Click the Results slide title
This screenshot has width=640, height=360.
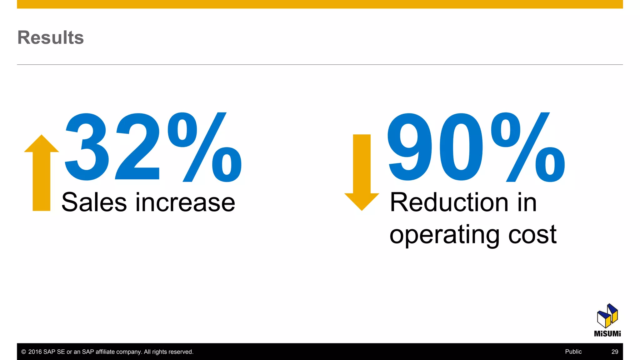click(x=51, y=37)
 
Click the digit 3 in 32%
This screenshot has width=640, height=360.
click(x=87, y=147)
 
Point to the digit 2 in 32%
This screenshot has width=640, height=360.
click(x=137, y=147)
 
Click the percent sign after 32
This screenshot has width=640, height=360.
click(x=205, y=147)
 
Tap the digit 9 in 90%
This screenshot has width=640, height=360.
click(x=410, y=147)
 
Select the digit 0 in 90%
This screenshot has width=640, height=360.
click(x=461, y=147)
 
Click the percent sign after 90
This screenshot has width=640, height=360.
click(x=528, y=147)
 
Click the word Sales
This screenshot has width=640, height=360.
click(x=94, y=202)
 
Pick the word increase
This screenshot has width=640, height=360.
click(x=185, y=202)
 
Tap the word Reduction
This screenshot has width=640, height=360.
click(x=449, y=202)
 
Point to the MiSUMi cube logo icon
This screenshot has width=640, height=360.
click(x=607, y=316)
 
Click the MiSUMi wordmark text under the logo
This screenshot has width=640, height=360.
click(x=607, y=334)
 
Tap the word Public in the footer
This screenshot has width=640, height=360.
click(x=573, y=352)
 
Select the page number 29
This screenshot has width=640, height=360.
click(x=615, y=352)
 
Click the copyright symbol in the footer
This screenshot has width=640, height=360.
click(x=23, y=352)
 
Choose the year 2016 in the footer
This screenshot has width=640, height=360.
click(x=35, y=352)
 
